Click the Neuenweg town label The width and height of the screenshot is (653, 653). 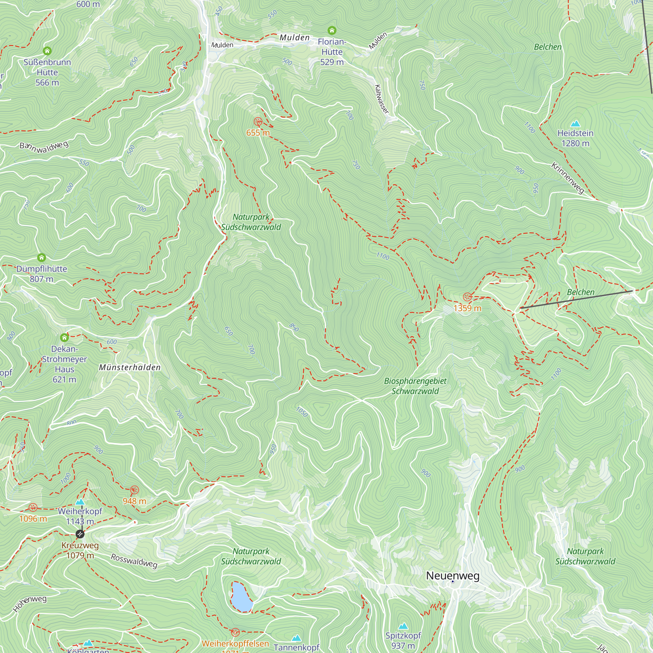pos(453,575)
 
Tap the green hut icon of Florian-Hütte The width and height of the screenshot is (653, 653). pos(332,31)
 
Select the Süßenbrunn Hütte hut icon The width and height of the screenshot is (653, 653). pos(47,51)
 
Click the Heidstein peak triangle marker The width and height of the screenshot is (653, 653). pos(575,124)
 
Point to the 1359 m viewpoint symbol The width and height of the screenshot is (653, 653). pos(467,297)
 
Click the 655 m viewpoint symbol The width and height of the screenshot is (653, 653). pos(258,122)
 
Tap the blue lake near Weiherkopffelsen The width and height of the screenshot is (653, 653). pos(241,597)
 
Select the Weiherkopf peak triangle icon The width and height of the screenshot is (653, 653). pos(80,502)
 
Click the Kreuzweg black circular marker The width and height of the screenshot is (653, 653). pos(80,534)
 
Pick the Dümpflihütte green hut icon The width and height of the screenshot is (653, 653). pos(41,258)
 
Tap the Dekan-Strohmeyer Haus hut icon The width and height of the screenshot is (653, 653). pos(64,338)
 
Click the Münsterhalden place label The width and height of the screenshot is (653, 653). pos(130,367)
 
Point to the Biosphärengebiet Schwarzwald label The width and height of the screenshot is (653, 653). pos(415,386)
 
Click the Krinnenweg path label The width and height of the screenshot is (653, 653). pos(567,178)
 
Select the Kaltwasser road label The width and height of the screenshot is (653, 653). pos(382,99)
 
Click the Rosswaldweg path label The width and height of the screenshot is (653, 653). pos(134,561)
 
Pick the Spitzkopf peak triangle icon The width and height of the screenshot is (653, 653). pos(403,626)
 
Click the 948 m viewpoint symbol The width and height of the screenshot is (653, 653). pos(135,490)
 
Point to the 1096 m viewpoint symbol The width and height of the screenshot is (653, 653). pos(33,507)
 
